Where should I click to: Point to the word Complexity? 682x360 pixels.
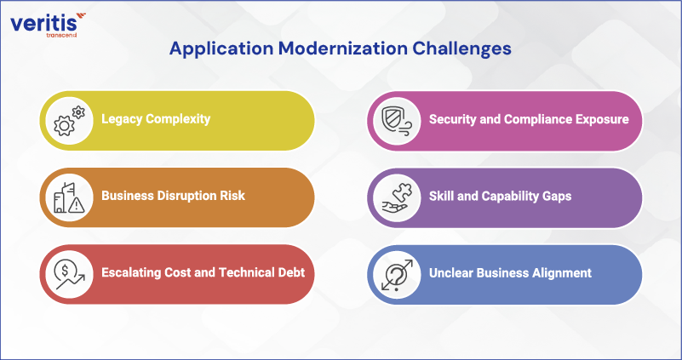click(x=180, y=119)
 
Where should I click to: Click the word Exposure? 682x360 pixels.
click(x=601, y=119)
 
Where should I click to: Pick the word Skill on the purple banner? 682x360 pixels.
click(x=444, y=196)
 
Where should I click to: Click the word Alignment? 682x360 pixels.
click(x=561, y=272)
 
